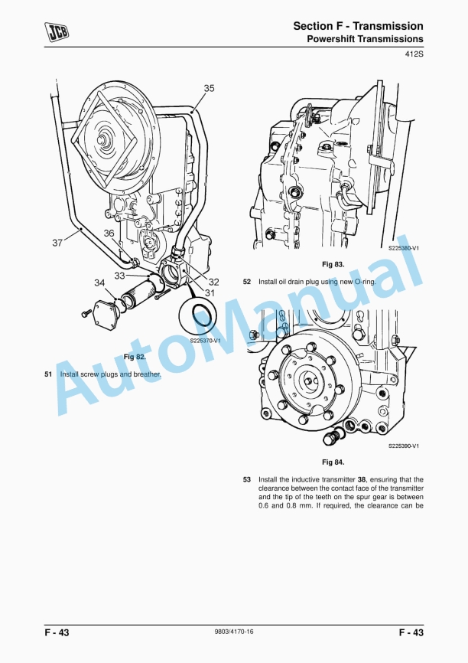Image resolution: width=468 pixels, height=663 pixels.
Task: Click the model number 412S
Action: pos(413,54)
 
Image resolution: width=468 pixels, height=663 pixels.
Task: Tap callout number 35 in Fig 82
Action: pos(209,88)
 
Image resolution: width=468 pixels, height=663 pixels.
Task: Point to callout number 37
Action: pos(57,243)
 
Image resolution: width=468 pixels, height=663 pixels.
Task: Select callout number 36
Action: pos(109,234)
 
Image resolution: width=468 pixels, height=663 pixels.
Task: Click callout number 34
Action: pos(99,283)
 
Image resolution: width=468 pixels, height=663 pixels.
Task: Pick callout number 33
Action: pos(120,275)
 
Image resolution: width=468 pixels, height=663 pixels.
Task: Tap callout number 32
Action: pos(213,281)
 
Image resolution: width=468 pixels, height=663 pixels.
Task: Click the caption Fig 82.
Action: pos(135,357)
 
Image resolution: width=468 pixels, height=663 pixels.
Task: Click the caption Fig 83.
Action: pos(333,264)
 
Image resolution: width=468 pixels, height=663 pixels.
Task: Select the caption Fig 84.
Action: pos(333,462)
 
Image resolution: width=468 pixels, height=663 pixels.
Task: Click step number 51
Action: pos(48,374)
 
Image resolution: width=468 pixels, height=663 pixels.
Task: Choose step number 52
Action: pos(247,282)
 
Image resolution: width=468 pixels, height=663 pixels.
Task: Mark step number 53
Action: pos(247,480)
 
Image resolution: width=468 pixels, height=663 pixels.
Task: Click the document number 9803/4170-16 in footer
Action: pos(234,632)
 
